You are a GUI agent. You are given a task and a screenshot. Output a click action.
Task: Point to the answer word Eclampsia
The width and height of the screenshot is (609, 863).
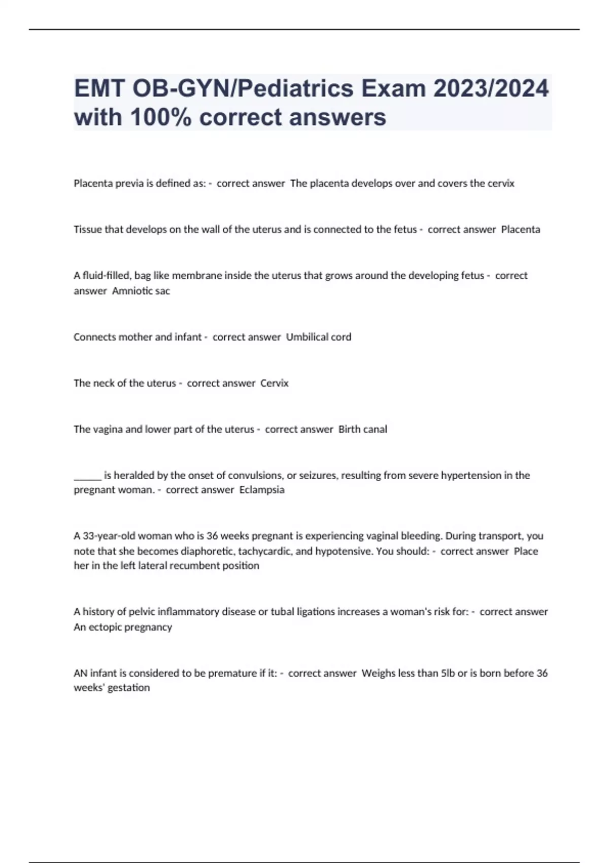[262, 490]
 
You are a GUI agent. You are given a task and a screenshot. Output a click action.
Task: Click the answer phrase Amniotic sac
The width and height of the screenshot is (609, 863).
[141, 291]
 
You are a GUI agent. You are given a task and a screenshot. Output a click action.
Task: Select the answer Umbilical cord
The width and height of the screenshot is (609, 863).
[319, 337]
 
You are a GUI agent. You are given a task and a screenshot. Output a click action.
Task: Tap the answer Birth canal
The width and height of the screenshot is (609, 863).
[362, 429]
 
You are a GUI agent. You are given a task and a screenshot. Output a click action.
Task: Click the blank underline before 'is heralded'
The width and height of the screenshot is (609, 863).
[87, 476]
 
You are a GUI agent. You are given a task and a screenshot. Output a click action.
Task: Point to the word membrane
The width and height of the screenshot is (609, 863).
[197, 276]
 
